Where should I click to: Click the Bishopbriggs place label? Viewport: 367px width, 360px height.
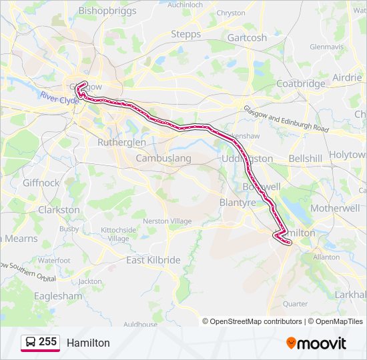(x=107, y=11)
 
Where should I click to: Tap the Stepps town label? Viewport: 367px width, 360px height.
(x=186, y=34)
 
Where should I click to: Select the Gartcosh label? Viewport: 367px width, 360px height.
(x=247, y=37)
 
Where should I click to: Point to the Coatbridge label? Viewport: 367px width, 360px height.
(x=300, y=84)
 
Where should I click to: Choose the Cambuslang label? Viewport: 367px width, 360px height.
(x=163, y=159)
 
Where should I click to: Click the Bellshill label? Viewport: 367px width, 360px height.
(x=306, y=159)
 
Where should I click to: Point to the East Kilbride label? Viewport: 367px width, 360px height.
(x=153, y=260)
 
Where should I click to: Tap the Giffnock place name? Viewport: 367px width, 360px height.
(x=41, y=183)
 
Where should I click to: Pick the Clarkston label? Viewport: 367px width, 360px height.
(x=59, y=209)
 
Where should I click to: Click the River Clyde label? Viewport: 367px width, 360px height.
(x=59, y=98)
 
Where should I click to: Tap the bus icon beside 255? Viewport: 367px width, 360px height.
(x=30, y=343)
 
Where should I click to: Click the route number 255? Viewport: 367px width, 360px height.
(x=47, y=342)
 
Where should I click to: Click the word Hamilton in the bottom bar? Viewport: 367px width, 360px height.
(x=88, y=343)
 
